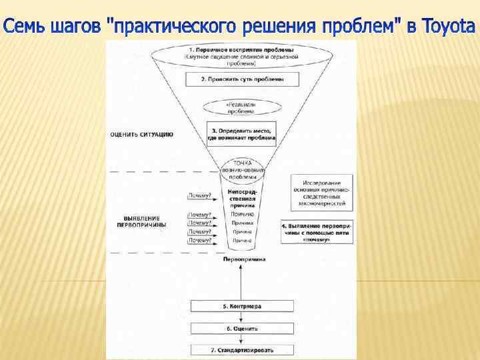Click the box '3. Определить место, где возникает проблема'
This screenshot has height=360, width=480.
tap(241, 135)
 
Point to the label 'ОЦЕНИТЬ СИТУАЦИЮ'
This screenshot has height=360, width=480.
tap(143, 134)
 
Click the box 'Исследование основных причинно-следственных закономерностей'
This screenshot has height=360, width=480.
tap(321, 193)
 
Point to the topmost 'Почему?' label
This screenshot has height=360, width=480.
tap(200, 196)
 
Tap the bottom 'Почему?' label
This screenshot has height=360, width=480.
tap(200, 240)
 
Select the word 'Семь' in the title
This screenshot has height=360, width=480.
tap(25, 27)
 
